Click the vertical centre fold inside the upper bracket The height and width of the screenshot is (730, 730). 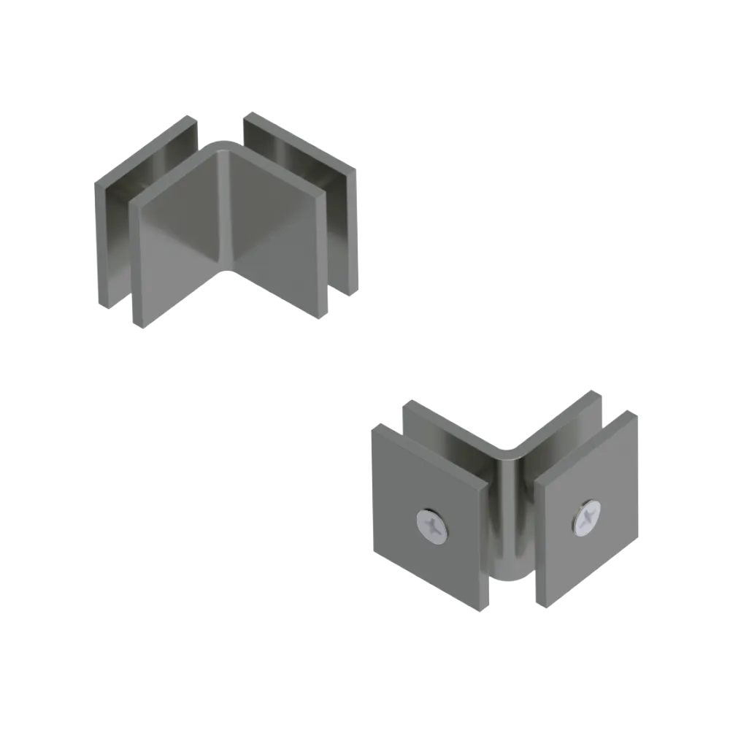[x=227, y=212]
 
